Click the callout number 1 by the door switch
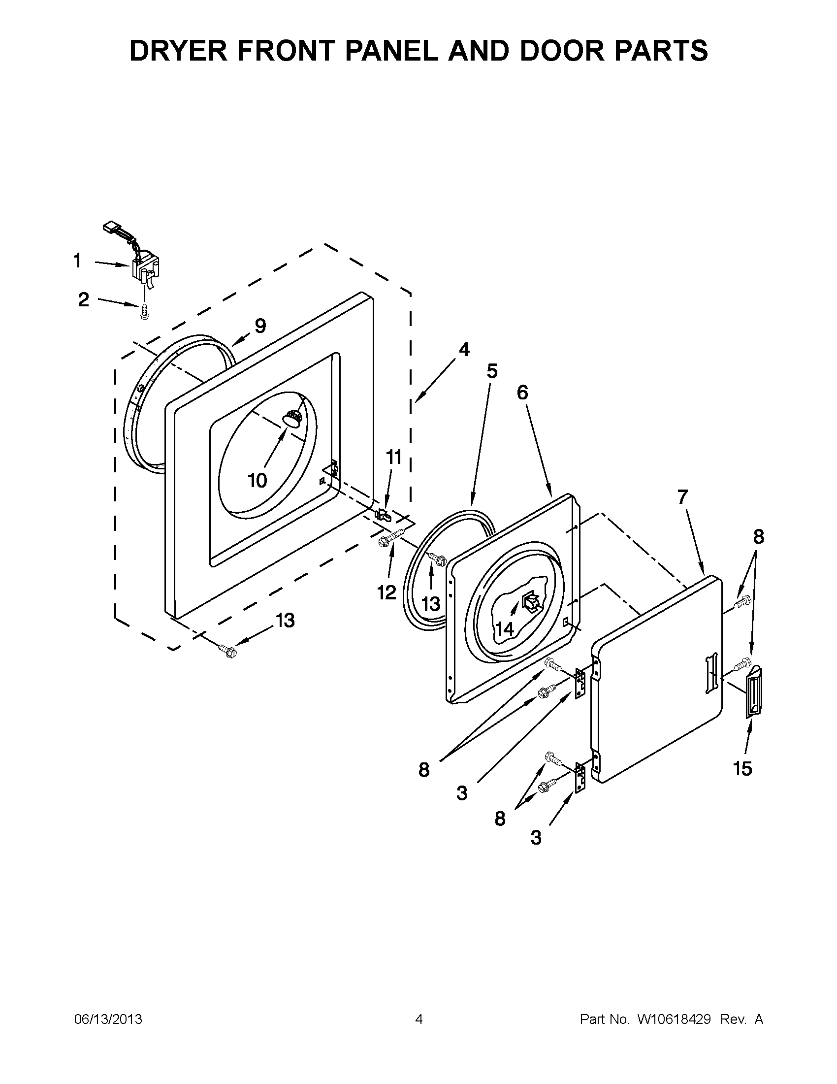point(77,261)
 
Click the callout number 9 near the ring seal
point(260,326)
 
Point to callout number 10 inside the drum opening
point(258,480)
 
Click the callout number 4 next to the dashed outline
point(464,350)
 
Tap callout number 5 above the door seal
point(492,371)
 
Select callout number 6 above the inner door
point(522,393)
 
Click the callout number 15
point(743,769)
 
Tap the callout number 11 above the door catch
point(394,457)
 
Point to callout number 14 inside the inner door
point(505,629)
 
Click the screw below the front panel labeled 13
point(227,650)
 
